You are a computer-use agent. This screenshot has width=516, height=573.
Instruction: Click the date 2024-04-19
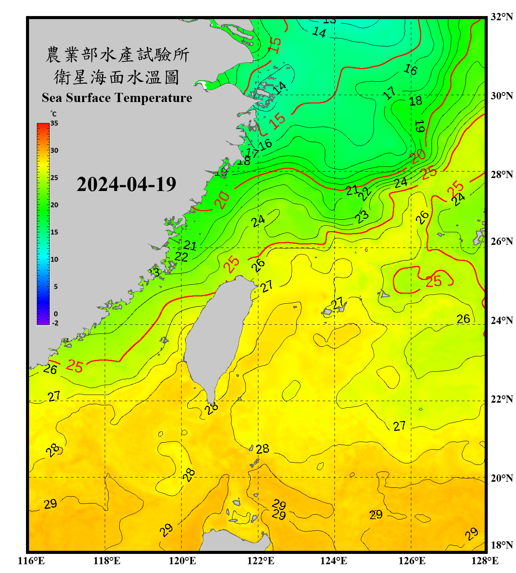click(x=126, y=185)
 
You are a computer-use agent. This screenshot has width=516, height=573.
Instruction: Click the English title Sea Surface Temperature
click(x=117, y=98)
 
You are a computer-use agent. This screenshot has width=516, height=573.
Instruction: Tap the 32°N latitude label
click(x=501, y=17)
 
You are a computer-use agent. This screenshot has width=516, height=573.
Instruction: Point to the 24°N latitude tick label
click(x=501, y=320)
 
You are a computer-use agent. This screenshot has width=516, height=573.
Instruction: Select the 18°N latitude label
click(x=501, y=545)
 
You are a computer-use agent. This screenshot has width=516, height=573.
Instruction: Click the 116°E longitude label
click(x=31, y=561)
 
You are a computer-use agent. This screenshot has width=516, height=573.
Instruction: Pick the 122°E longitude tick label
click(x=261, y=561)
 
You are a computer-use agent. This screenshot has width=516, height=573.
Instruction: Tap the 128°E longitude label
click(x=485, y=561)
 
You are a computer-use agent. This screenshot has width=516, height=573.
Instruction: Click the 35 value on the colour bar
click(x=54, y=123)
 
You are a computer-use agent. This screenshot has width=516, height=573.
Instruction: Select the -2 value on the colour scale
click(x=55, y=323)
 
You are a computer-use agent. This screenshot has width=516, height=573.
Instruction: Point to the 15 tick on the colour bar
click(x=54, y=232)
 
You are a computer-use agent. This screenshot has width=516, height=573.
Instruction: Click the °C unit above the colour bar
click(x=54, y=114)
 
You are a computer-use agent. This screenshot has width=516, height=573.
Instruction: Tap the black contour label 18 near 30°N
click(x=416, y=101)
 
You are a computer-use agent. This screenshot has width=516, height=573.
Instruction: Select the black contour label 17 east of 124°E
click(x=389, y=93)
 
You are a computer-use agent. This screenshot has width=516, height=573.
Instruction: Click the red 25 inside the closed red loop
click(x=434, y=282)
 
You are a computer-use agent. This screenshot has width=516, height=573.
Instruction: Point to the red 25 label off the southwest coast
click(x=75, y=366)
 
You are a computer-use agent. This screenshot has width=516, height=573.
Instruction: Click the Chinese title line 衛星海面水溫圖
click(x=117, y=77)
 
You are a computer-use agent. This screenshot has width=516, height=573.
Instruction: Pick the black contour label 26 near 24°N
click(x=463, y=319)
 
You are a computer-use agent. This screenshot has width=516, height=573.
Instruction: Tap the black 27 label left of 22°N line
click(x=54, y=396)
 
